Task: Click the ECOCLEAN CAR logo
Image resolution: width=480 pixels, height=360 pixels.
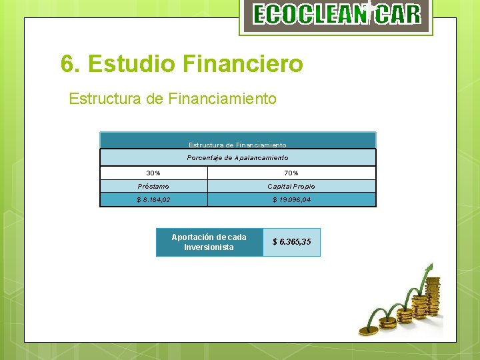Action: pos(336,15)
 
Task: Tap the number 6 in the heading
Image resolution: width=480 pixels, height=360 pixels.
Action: pos(66,64)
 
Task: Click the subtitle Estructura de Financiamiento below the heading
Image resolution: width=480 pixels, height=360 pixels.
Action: pos(172,99)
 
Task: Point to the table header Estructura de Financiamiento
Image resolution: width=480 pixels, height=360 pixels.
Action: pos(237,145)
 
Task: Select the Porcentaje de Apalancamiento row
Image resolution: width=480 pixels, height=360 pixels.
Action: pos(237,157)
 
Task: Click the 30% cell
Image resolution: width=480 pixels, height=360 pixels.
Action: pos(153,173)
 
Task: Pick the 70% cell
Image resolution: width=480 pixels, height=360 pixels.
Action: pos(291,173)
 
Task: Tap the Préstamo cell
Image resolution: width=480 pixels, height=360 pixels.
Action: pos(153,187)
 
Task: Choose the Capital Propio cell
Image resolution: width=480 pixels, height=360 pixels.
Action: pos(291,187)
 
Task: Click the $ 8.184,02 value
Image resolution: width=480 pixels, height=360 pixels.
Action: pos(153,199)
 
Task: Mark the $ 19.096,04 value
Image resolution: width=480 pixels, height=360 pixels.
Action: pos(291,199)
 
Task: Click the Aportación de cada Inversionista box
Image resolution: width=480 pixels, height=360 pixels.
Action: pos(209,242)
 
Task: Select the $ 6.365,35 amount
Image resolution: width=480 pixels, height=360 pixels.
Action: pos(291,242)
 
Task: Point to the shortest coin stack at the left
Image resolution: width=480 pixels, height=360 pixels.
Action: pos(369,329)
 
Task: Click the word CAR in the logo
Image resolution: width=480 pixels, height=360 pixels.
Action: pos(397,15)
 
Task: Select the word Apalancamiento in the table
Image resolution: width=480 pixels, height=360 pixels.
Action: pos(261,157)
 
